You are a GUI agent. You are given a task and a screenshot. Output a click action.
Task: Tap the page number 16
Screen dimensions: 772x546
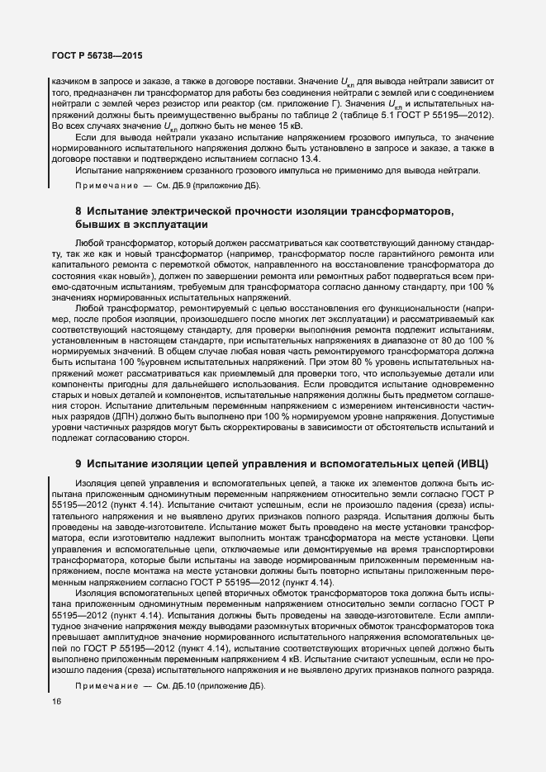(x=56, y=703)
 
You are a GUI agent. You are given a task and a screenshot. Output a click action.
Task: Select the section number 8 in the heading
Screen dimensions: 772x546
(x=78, y=211)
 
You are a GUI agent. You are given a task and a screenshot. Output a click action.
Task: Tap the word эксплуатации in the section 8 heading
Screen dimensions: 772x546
(x=169, y=225)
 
